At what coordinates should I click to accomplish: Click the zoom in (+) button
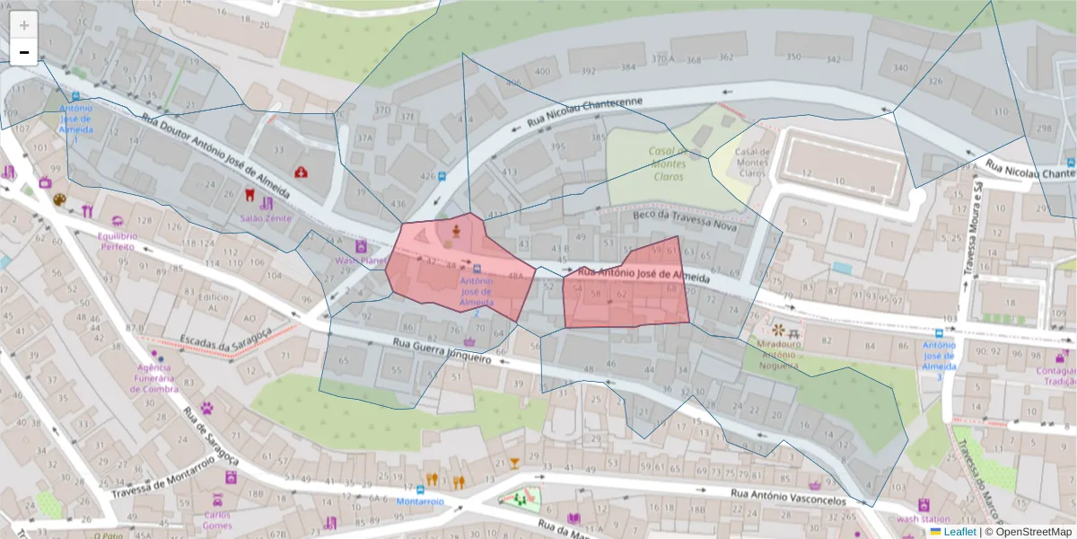pos(24,25)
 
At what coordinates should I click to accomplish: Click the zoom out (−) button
pos(24,52)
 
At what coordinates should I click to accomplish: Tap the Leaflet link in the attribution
pos(959,532)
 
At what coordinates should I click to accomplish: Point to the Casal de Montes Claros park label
pos(668,163)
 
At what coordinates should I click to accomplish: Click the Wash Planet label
pos(360,261)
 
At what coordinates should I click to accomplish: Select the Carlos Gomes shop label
pos(217,520)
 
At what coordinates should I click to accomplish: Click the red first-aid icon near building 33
pos(301,172)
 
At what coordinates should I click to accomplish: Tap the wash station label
pos(923,519)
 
